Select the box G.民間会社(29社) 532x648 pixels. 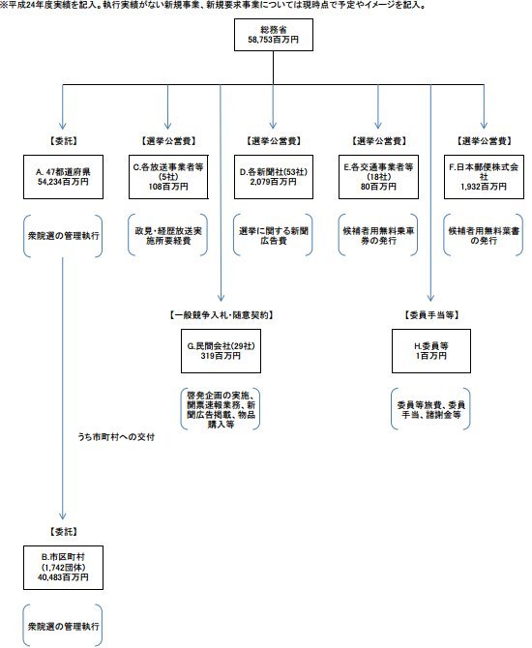(222, 349)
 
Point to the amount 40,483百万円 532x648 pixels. (62, 577)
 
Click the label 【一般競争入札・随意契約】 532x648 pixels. (222, 314)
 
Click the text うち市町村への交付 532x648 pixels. (117, 437)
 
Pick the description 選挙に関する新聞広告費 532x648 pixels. (275, 234)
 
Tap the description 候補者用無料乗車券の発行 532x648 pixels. (380, 234)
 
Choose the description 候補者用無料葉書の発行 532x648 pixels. (485, 234)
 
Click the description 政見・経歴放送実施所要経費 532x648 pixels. (167, 234)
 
